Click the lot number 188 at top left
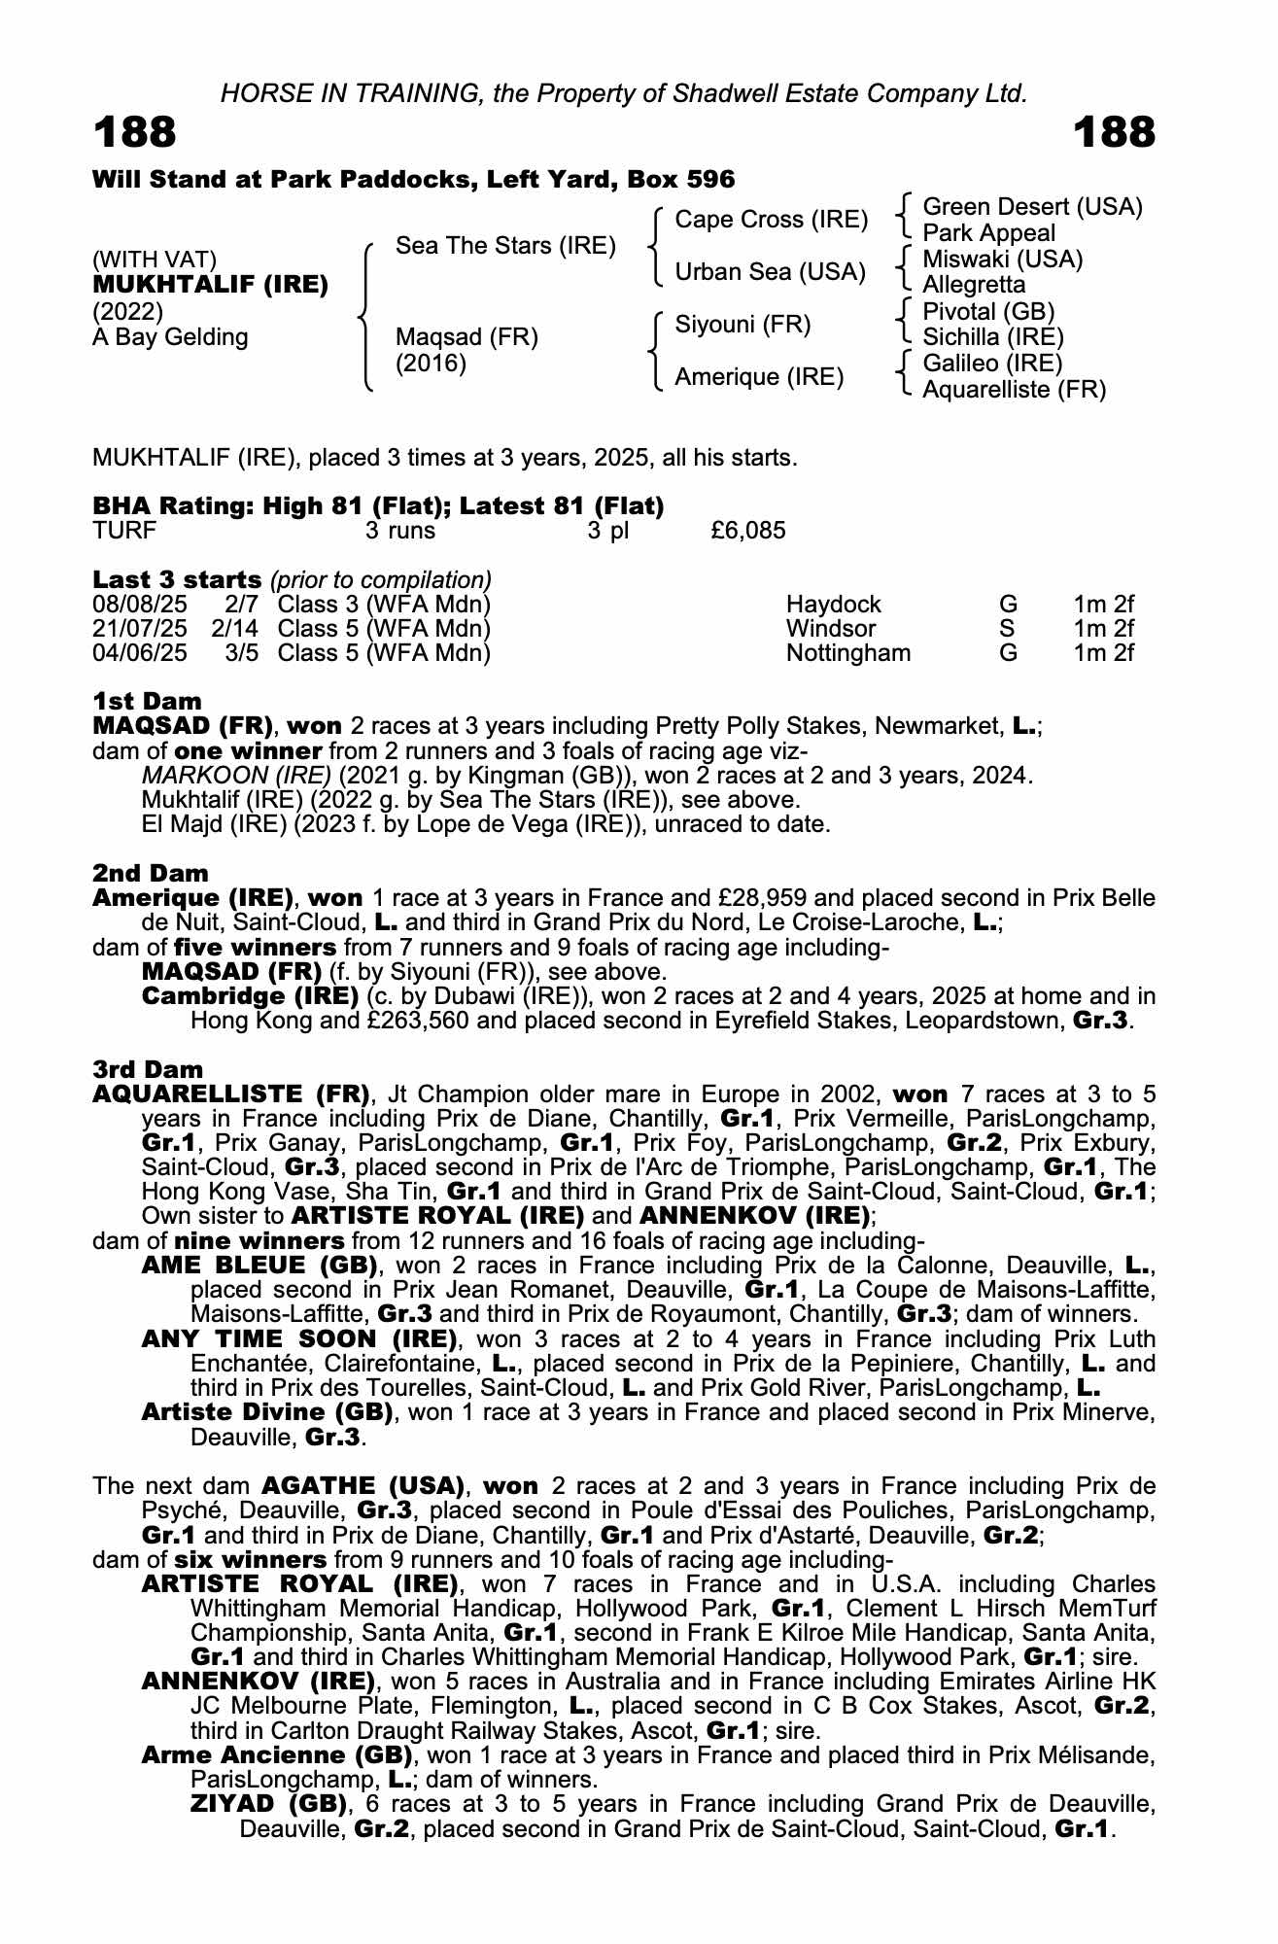tap(135, 132)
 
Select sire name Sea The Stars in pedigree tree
tap(505, 246)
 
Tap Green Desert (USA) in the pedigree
tap(1032, 207)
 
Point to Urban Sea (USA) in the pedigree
tap(770, 272)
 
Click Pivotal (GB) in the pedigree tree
tap(988, 312)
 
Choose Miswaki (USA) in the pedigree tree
tap(1002, 260)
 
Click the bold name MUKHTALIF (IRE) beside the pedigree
tap(210, 286)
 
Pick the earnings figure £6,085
tap(748, 531)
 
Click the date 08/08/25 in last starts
tap(140, 605)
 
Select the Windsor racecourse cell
tap(831, 629)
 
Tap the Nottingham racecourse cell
tap(848, 653)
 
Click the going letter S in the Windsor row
tap(1007, 629)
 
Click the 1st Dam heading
tap(148, 702)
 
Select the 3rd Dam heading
tap(149, 1070)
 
